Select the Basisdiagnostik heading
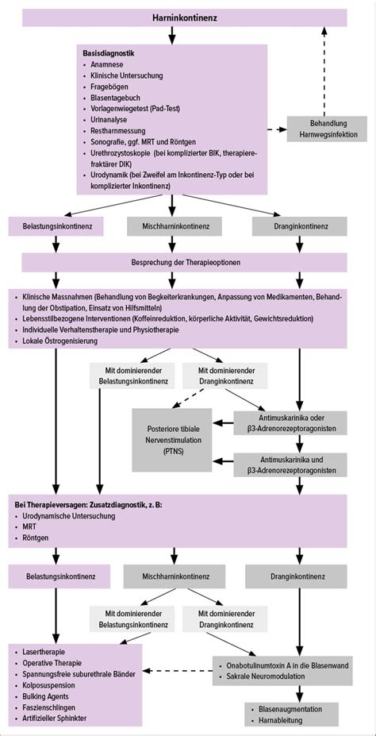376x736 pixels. pos(109,52)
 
